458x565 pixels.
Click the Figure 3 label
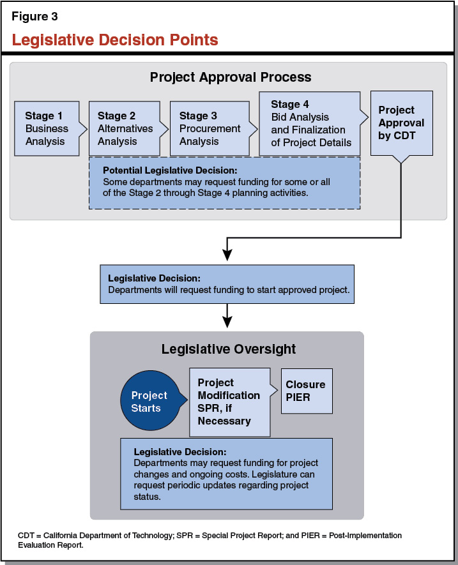[x=34, y=17]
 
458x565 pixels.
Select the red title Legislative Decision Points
[x=115, y=40]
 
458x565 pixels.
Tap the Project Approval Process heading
[x=231, y=77]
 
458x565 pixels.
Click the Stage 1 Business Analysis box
[x=47, y=128]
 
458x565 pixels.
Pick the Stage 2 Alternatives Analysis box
[x=124, y=128]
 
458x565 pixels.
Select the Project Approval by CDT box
[x=401, y=123]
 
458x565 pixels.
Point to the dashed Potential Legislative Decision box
[x=224, y=183]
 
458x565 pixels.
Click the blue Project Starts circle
[x=149, y=402]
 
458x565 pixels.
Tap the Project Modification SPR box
[x=229, y=402]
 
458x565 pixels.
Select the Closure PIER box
[x=306, y=391]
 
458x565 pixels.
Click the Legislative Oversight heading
[x=228, y=349]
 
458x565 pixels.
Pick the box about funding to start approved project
[x=228, y=284]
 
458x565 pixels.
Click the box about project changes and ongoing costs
[x=226, y=473]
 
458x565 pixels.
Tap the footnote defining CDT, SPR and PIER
[x=211, y=540]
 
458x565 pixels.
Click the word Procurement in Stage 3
[x=210, y=128]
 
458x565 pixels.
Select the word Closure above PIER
[x=305, y=384]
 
